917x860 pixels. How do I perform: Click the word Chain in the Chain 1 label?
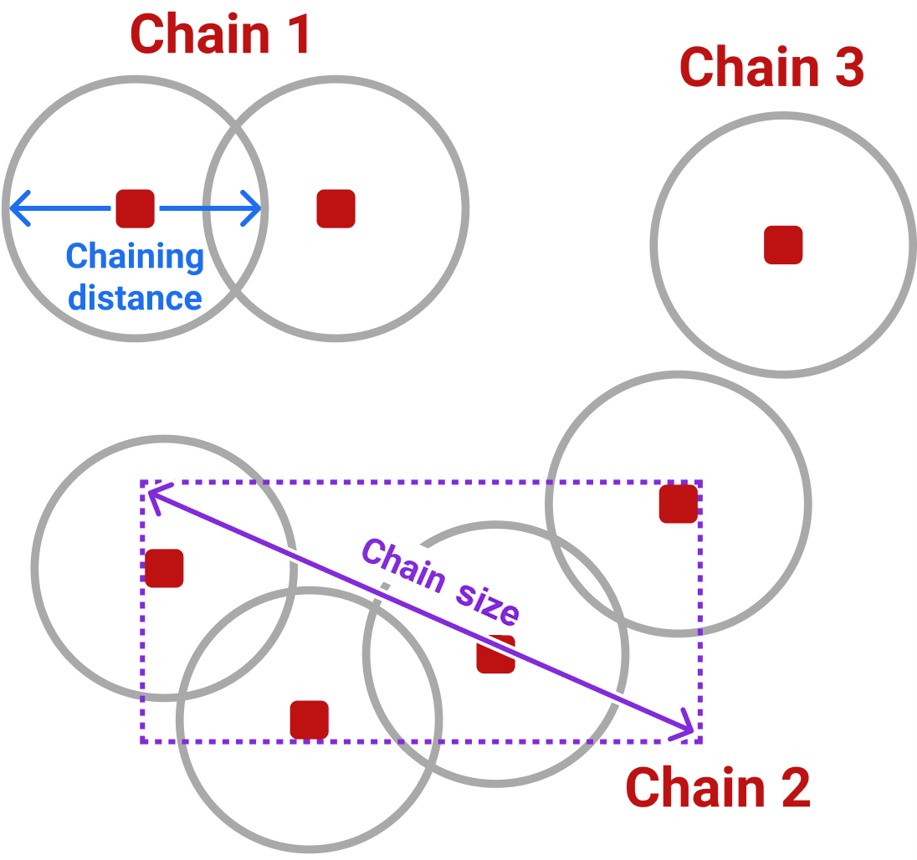(199, 35)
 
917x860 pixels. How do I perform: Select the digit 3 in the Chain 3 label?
(845, 68)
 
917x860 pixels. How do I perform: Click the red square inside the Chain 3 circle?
(783, 245)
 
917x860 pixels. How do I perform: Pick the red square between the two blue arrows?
(135, 208)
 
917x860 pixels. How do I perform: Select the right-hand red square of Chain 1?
(336, 208)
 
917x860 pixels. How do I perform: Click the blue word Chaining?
(135, 257)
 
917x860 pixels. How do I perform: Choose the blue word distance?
(135, 297)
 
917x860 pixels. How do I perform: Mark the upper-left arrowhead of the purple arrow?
(154, 494)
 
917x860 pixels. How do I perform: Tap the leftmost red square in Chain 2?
(164, 568)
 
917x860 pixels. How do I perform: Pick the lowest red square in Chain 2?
(309, 719)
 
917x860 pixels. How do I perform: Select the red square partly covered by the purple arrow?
(495, 654)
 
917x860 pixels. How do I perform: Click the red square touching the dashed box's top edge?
(678, 504)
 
